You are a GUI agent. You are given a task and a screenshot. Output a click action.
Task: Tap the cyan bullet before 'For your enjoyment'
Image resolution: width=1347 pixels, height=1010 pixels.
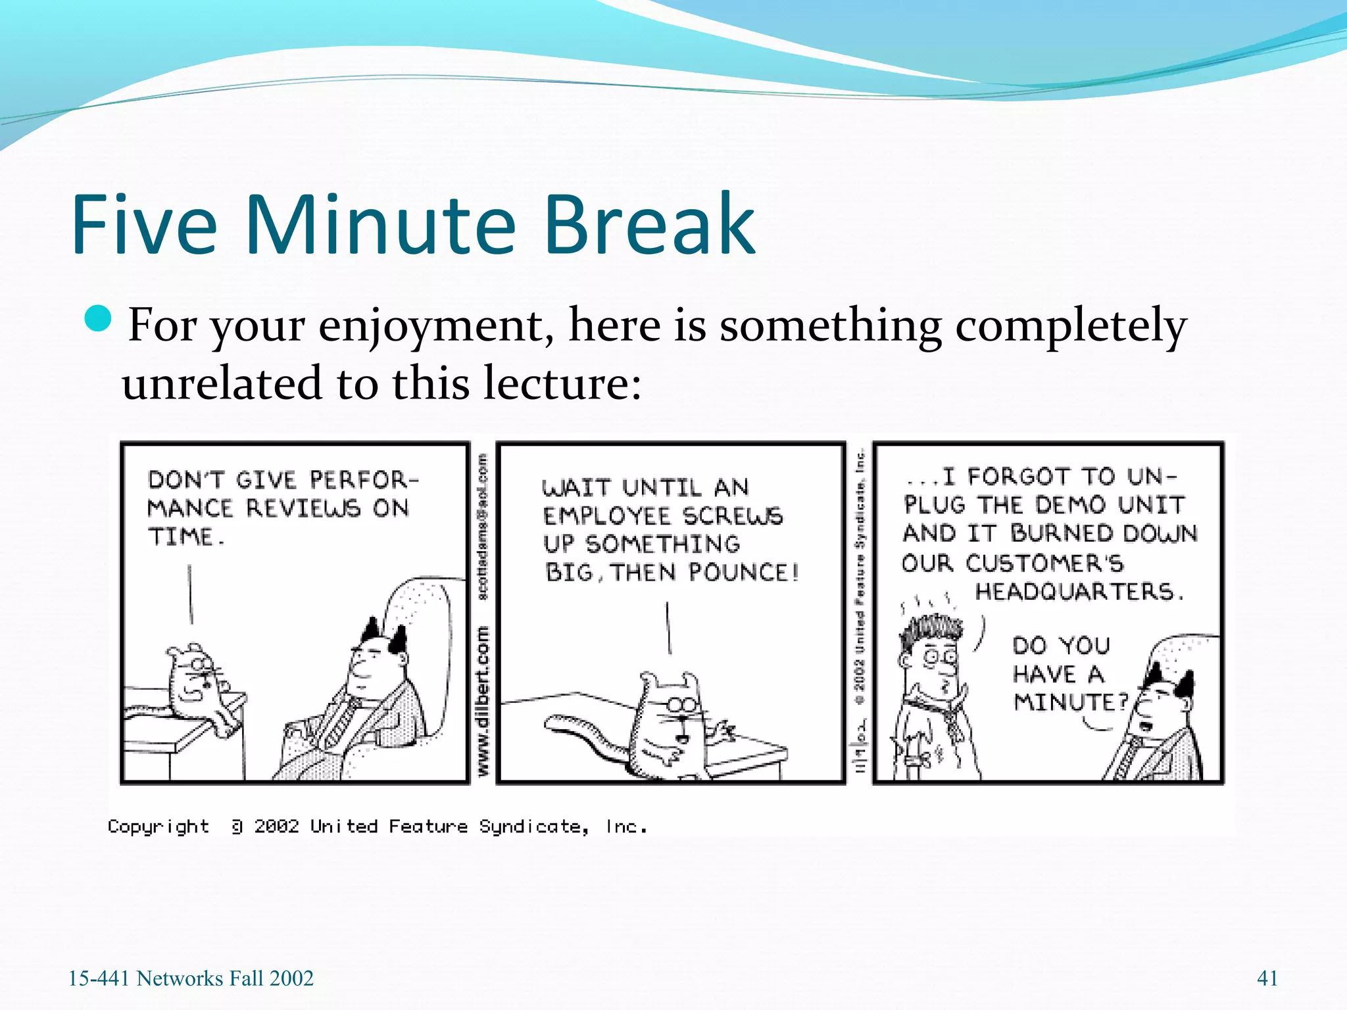99,320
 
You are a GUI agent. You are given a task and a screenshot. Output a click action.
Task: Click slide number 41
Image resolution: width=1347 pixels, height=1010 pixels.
1267,978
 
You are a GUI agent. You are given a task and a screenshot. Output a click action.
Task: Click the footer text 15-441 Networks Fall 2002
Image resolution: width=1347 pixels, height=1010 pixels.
191,978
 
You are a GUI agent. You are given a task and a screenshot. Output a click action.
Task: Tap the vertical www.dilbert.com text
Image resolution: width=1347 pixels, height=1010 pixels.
483,700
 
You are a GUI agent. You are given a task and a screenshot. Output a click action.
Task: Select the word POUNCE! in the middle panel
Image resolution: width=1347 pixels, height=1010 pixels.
743,573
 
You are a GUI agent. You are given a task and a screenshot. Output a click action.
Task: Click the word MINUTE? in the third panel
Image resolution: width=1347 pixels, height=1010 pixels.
1071,702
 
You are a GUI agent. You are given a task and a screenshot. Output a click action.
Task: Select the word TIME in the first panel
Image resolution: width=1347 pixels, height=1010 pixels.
182,537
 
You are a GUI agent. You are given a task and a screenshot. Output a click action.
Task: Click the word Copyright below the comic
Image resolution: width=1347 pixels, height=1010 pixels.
159,827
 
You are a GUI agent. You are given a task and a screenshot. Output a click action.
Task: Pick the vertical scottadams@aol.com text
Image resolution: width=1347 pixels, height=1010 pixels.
483,526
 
